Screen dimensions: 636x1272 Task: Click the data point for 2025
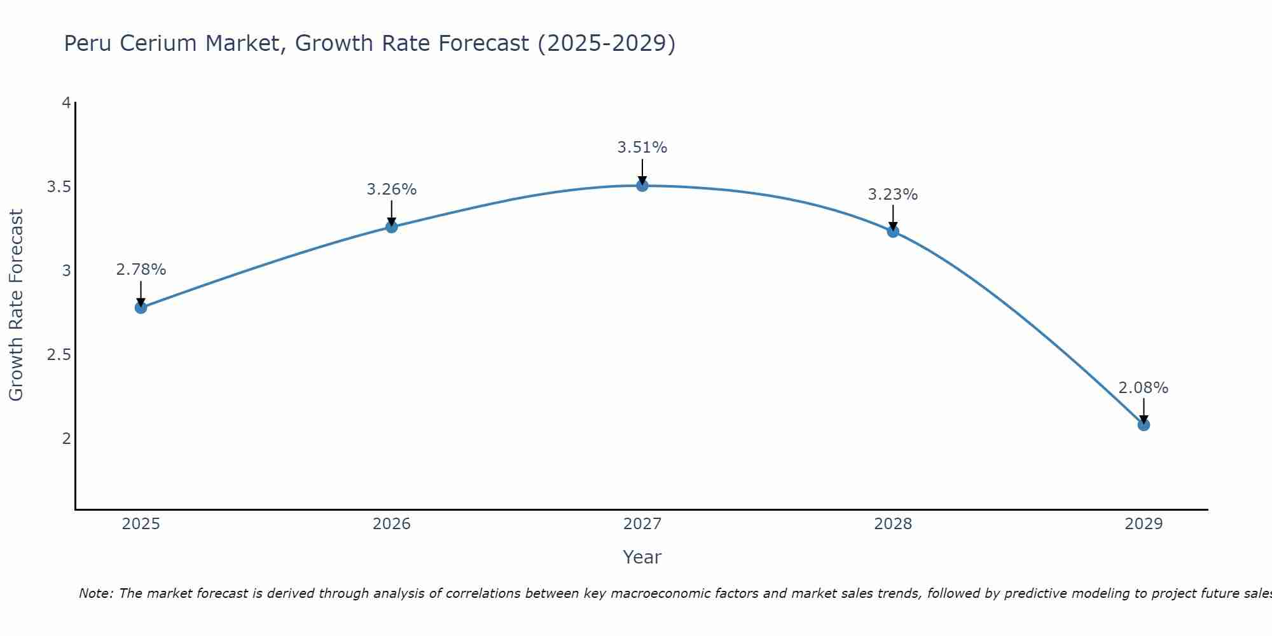(141, 308)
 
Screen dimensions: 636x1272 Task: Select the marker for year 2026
(392, 227)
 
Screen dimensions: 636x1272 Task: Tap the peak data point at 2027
(642, 186)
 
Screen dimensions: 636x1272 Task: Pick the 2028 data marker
(893, 232)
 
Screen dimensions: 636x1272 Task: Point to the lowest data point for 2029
(1144, 425)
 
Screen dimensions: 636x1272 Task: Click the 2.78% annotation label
(141, 270)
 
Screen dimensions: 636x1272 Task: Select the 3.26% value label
(392, 190)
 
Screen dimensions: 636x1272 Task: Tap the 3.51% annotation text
(642, 148)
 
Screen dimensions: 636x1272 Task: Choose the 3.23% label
(893, 195)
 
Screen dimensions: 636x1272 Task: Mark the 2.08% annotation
(1144, 388)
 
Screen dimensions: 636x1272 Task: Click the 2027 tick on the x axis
(642, 524)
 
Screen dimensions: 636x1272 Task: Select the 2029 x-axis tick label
(1144, 524)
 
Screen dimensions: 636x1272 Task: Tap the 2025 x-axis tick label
(141, 524)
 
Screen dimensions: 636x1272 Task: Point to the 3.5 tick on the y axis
(59, 187)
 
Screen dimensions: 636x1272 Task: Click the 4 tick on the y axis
(66, 103)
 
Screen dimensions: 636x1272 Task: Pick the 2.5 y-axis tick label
(59, 355)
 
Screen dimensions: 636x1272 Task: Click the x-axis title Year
(642, 557)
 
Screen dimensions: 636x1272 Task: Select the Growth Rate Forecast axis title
(16, 305)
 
